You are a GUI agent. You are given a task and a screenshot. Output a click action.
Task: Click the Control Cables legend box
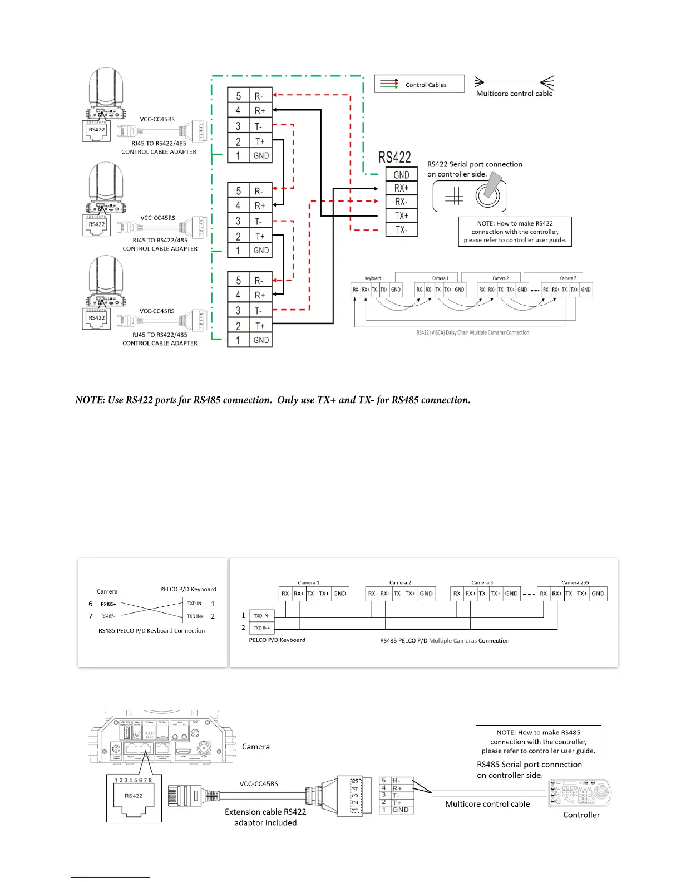click(x=419, y=84)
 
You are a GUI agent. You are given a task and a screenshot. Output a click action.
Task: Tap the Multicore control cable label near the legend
click(x=514, y=94)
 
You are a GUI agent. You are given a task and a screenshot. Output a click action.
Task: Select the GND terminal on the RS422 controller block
click(x=401, y=175)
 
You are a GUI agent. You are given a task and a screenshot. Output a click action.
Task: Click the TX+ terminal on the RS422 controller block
click(x=401, y=215)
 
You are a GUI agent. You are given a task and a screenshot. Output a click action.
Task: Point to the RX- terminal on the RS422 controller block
click(x=401, y=202)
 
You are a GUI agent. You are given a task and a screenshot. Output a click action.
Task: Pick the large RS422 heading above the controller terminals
click(x=394, y=158)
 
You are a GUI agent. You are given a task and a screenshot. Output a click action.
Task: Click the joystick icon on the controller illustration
click(x=488, y=194)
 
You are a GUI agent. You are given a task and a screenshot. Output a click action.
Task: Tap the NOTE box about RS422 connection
click(x=515, y=232)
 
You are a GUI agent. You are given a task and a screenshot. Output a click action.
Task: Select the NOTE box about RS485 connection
click(x=538, y=742)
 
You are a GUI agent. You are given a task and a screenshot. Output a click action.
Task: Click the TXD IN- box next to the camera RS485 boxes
click(x=195, y=604)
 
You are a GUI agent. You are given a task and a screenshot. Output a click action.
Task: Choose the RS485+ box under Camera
click(x=108, y=604)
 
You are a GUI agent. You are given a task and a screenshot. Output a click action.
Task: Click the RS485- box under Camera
click(x=108, y=616)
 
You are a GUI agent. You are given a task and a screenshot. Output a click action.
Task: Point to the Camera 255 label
click(x=575, y=582)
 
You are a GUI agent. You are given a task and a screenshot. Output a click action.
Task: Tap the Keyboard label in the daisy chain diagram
click(x=373, y=278)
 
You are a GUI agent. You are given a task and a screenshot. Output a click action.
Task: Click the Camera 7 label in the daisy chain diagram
click(x=568, y=278)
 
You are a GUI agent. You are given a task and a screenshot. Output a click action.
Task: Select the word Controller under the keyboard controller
click(x=581, y=815)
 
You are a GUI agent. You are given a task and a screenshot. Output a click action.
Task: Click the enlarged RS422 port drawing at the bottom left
click(x=134, y=798)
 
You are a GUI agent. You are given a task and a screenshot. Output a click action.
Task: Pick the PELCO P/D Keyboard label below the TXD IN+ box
click(x=277, y=640)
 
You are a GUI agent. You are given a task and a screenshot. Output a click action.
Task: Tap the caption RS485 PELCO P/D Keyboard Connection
click(x=151, y=631)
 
